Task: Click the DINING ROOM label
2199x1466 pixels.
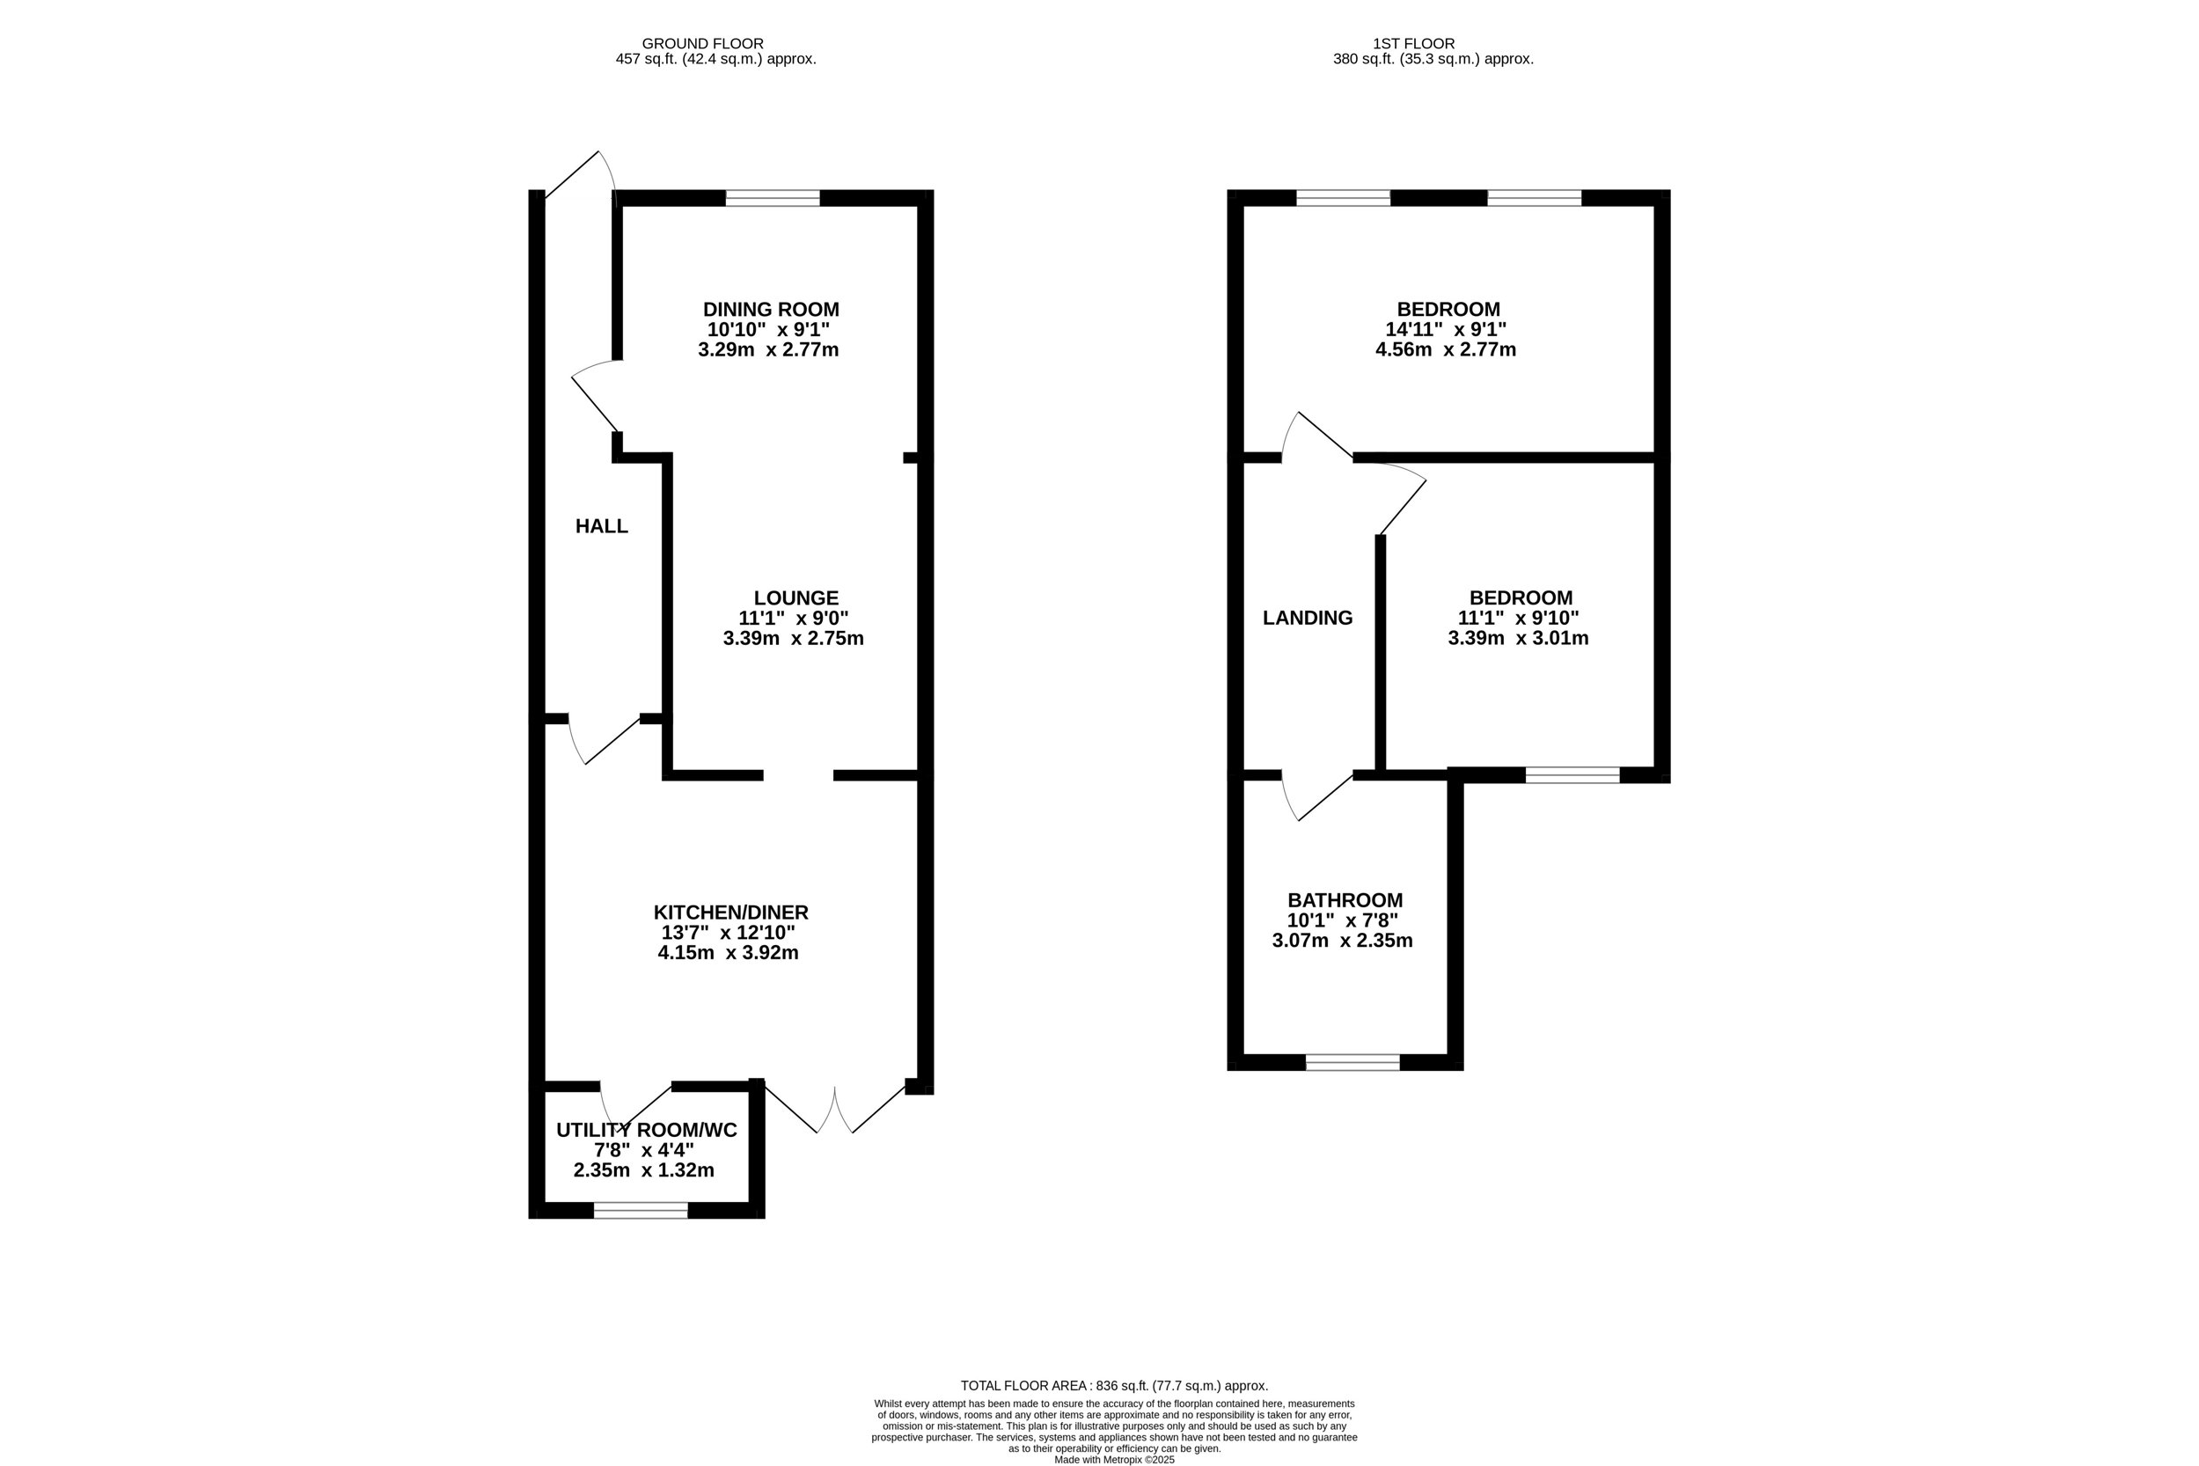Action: point(771,310)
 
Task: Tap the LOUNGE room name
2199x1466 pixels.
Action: point(795,597)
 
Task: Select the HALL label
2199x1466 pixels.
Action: point(601,526)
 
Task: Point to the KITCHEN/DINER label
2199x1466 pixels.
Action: point(730,913)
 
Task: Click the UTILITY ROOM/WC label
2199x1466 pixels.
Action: point(646,1131)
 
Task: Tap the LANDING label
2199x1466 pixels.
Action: point(1307,618)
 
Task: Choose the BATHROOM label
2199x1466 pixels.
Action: point(1345,900)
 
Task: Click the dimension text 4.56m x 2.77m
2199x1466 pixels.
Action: point(1446,350)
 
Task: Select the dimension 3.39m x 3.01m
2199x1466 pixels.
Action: point(1519,639)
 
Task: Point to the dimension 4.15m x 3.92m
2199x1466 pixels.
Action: point(728,954)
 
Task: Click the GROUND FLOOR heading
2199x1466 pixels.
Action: point(702,44)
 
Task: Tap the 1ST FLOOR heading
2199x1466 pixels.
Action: point(1413,44)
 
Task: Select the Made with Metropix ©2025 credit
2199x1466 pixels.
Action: point(1114,1460)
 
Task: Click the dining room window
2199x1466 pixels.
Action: point(773,198)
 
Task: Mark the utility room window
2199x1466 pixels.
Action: point(641,1211)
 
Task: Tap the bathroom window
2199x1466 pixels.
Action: point(1352,1062)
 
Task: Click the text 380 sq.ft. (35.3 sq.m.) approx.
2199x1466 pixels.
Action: point(1433,59)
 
